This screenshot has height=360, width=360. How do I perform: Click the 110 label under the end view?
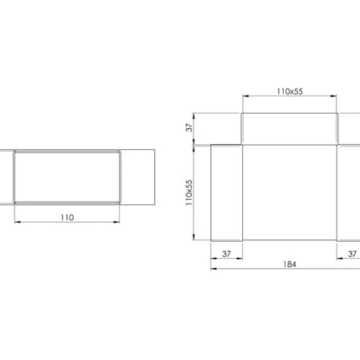point(67,218)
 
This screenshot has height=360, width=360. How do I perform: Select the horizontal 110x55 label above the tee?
point(290,91)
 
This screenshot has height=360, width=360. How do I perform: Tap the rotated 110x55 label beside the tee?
point(189,193)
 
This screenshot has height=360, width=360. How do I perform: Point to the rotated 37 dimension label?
point(189,128)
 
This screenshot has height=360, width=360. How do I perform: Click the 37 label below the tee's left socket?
point(226,254)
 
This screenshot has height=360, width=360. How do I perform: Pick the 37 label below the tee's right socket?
point(352,254)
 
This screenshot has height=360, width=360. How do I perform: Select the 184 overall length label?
point(290,264)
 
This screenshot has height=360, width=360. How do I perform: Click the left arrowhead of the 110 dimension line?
point(18,222)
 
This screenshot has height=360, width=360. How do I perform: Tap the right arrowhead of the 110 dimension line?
point(116,222)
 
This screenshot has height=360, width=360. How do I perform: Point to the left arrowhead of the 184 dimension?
point(214,269)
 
